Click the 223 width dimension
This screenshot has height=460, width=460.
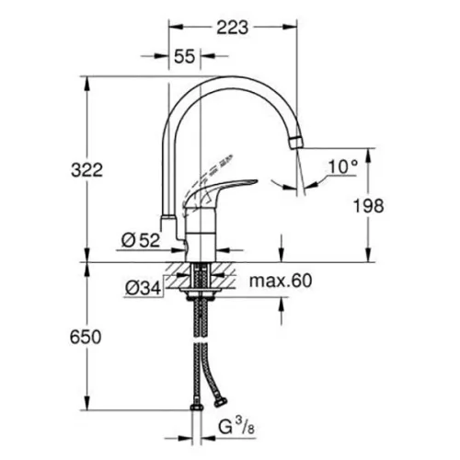(233, 28)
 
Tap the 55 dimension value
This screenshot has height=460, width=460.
(185, 56)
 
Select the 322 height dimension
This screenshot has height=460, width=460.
(86, 170)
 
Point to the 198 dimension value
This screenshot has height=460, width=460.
(368, 205)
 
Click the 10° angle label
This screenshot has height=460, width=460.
(343, 167)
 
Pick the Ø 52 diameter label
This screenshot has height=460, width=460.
(141, 240)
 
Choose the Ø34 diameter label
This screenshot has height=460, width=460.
(144, 288)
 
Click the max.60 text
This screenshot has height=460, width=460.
(281, 281)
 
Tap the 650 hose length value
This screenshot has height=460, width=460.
(86, 337)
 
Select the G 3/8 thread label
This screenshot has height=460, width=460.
(236, 427)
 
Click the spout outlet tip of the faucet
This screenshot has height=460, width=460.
(295, 144)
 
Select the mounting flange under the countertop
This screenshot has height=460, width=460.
(201, 291)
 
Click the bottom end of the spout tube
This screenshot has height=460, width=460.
(168, 217)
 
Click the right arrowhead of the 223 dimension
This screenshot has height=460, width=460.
(290, 27)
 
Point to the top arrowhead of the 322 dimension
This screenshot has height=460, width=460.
(86, 83)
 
